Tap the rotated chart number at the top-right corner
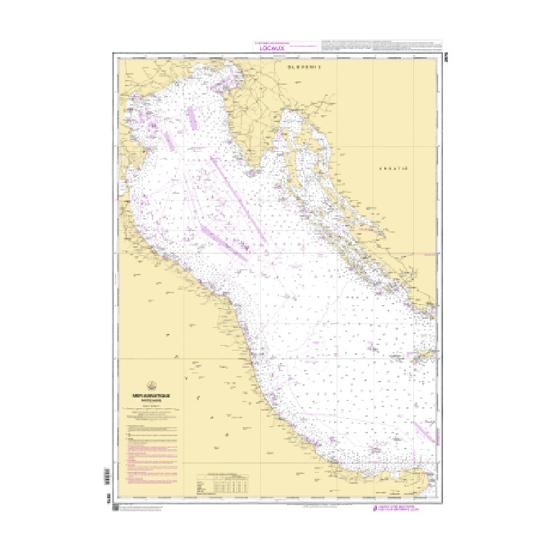[440, 50]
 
